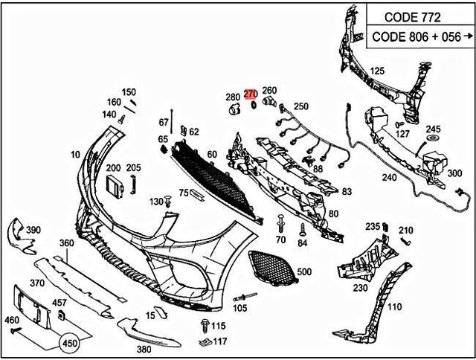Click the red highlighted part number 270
pyautogui.click(x=250, y=94)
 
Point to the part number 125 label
pyautogui.click(x=378, y=71)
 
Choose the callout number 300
pyautogui.click(x=454, y=173)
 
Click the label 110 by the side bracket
pyautogui.click(x=394, y=306)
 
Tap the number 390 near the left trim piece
pyautogui.click(x=33, y=230)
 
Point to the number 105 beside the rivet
pyautogui.click(x=239, y=307)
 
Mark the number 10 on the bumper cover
pyautogui.click(x=75, y=154)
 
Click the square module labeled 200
pyautogui.click(x=115, y=186)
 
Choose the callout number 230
pyautogui.click(x=360, y=288)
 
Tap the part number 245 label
pyautogui.click(x=434, y=128)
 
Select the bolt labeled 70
pyautogui.click(x=280, y=223)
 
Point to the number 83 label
pyautogui.click(x=347, y=191)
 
